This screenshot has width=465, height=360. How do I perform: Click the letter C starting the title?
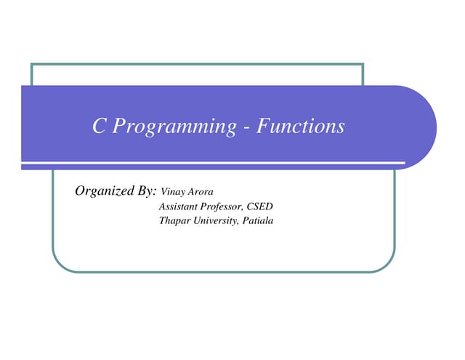[100, 127]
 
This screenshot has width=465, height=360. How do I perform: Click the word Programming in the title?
[174, 128]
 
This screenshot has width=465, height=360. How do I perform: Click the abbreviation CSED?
[260, 207]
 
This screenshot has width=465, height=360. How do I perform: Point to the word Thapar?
[174, 220]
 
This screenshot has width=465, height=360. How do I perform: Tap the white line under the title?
[218, 162]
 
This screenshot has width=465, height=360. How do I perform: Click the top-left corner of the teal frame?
[32, 65]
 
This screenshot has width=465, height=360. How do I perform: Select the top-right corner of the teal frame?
[362, 65]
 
